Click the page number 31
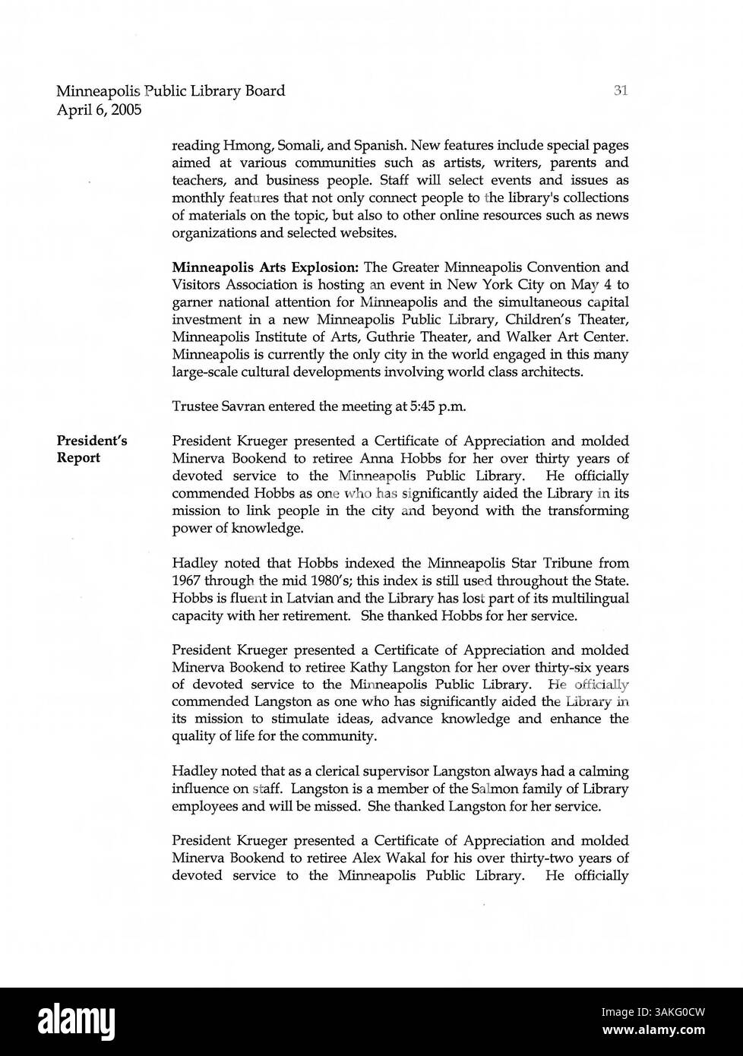tap(620, 91)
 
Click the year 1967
tap(188, 581)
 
